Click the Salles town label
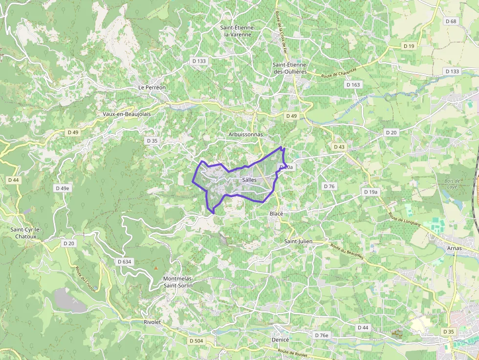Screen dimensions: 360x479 tap(249, 180)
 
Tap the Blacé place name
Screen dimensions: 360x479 tap(277, 214)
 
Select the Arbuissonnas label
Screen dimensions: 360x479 tap(245, 134)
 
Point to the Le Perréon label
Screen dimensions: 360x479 tap(152, 87)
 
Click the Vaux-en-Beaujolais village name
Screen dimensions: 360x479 tap(127, 114)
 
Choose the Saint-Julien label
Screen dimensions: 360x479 tap(298, 241)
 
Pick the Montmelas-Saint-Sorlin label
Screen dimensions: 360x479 tap(177, 282)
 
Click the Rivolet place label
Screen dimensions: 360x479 tap(152, 322)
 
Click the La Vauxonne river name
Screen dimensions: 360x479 tap(356, 104)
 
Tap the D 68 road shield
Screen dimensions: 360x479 tap(451, 21)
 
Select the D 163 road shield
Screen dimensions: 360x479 tap(353, 85)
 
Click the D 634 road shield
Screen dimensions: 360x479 tap(125, 262)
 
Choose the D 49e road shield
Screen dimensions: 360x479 tap(63, 188)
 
